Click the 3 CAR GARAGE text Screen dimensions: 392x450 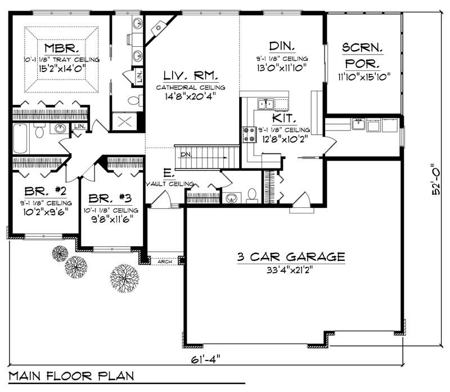click(290, 257)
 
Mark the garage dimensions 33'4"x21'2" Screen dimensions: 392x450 click(290, 270)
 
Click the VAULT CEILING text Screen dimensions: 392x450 click(170, 184)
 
